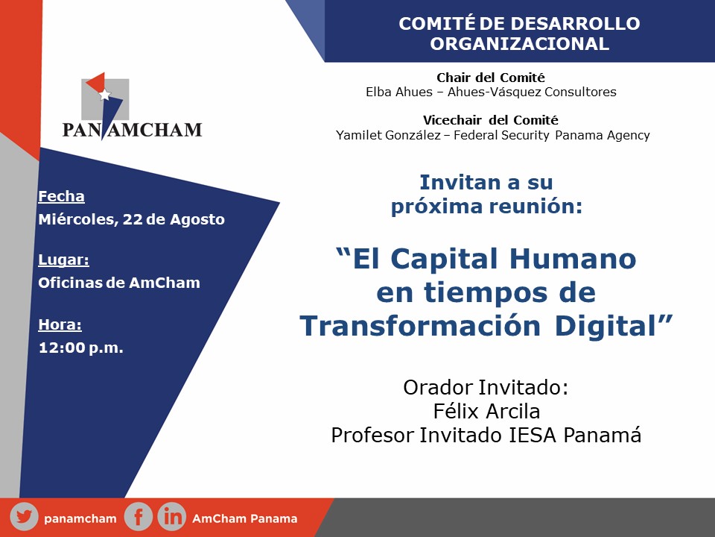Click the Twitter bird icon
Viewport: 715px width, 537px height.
(x=24, y=517)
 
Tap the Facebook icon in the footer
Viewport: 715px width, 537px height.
(x=139, y=517)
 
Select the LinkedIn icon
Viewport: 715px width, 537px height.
(x=172, y=517)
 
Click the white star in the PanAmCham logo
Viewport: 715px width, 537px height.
(x=105, y=95)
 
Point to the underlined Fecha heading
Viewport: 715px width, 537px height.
(x=61, y=196)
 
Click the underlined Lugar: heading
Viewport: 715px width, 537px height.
(x=63, y=260)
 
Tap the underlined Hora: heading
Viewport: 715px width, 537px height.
(x=60, y=324)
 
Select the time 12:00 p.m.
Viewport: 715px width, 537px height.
(x=80, y=348)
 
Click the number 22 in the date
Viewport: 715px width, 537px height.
(x=133, y=219)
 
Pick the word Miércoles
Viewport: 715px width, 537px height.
(x=76, y=219)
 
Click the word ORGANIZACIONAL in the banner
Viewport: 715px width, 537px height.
(x=519, y=44)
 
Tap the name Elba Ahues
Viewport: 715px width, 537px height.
(x=399, y=92)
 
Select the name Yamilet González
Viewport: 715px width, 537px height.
(x=388, y=135)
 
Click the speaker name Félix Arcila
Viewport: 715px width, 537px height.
(x=486, y=411)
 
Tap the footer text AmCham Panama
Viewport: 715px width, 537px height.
(x=245, y=519)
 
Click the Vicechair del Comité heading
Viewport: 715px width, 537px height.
(x=491, y=120)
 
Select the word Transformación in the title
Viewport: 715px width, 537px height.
(x=420, y=326)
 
